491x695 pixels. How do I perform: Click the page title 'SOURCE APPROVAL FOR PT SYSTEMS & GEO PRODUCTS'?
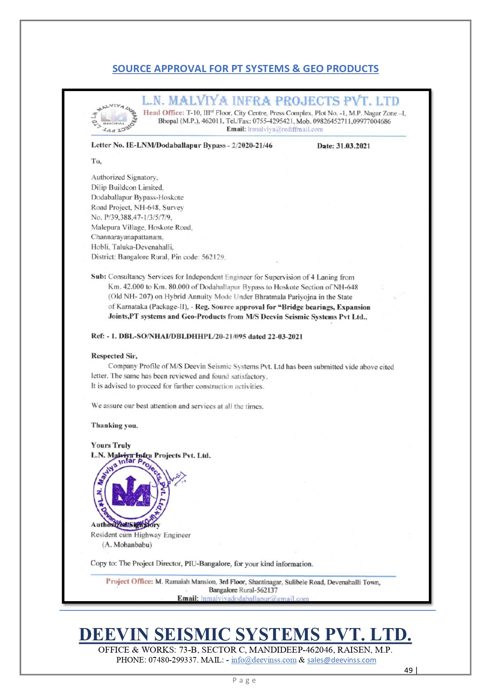(246, 69)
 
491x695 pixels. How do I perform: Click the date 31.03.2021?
(353, 146)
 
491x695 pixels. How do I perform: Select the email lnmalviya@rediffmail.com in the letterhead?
(285, 129)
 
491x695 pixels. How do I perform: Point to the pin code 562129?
(213, 257)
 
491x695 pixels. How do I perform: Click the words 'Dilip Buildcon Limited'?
(127, 187)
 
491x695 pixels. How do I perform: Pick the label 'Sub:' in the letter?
(99, 277)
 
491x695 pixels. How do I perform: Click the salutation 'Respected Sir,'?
(114, 356)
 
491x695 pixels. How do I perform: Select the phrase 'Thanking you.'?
(114, 426)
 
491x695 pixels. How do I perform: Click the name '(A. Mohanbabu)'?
(127, 545)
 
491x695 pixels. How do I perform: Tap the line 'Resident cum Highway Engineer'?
(141, 535)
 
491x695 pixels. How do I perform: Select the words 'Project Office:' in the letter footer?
(129, 581)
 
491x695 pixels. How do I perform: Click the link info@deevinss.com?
(264, 660)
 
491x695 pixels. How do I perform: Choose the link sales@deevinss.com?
(341, 660)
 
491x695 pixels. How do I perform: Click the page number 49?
(408, 670)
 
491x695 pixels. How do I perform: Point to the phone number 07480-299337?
(173, 660)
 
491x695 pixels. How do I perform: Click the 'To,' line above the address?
(96, 162)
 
